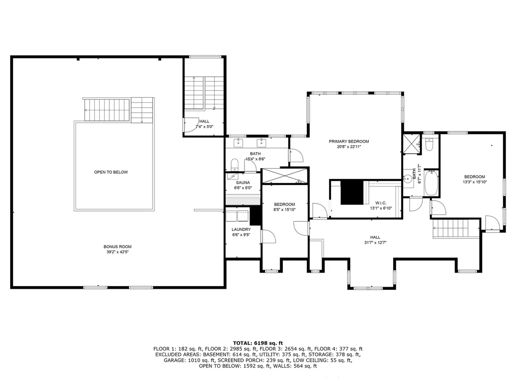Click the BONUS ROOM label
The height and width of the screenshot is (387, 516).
117,246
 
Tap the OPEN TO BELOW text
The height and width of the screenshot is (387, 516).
111,172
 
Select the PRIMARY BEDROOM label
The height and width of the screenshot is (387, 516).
349,142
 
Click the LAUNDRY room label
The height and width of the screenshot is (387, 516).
241,229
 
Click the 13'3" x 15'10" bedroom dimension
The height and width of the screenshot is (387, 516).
474,182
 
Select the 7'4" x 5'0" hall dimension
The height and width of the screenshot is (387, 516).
204,127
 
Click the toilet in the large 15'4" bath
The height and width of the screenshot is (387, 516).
234,164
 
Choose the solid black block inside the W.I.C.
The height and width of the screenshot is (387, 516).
352,192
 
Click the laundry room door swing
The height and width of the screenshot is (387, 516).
267,237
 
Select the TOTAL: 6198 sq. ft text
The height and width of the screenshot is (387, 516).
257,342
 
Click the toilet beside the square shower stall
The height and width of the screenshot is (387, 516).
429,145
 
